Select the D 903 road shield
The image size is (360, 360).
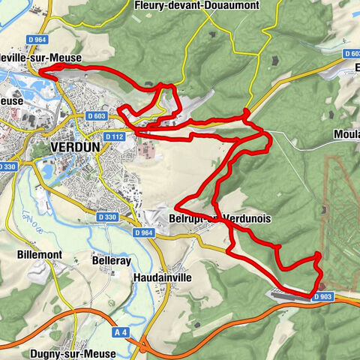pyautogui.click(x=323, y=297)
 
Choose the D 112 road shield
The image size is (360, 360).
pyautogui.click(x=114, y=136)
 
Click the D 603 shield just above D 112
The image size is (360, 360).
pyautogui.click(x=96, y=116)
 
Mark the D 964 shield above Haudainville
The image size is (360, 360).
pyautogui.click(x=145, y=233)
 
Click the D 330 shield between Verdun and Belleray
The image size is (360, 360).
pyautogui.click(x=107, y=217)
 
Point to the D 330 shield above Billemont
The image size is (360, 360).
pyautogui.click(x=7, y=166)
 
